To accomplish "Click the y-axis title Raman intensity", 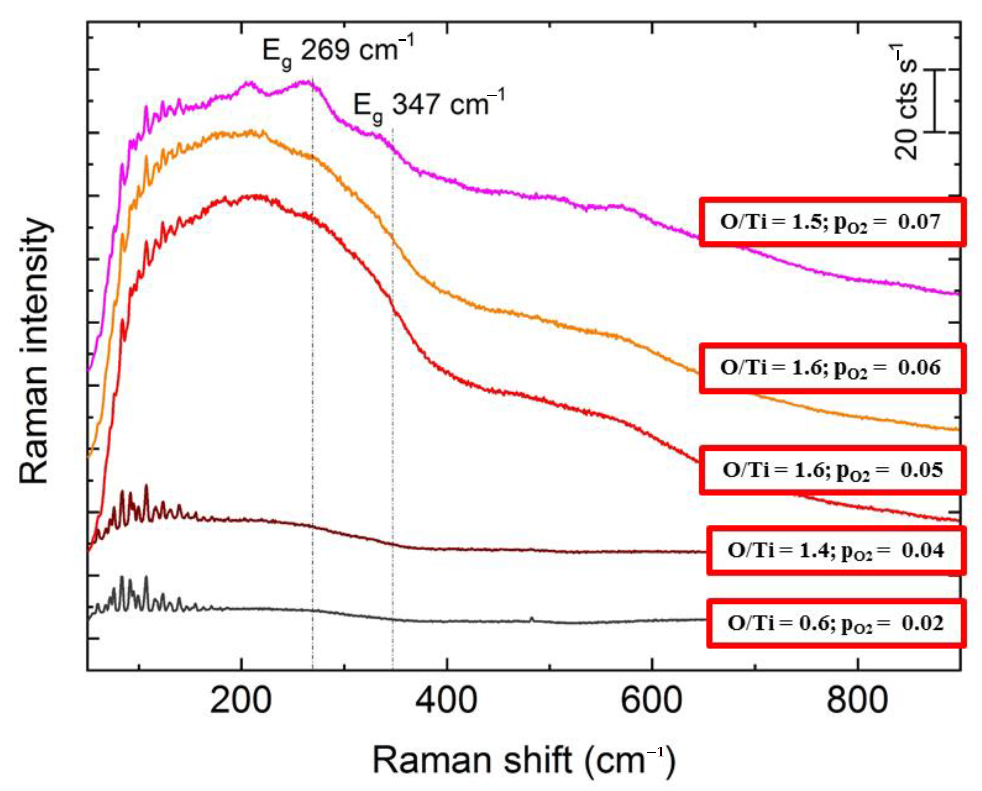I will (34, 351).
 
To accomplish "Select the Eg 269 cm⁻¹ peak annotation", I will (337, 51).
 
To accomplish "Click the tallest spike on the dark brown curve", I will (146, 487).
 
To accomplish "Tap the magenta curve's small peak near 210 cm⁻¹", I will (249, 83).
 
